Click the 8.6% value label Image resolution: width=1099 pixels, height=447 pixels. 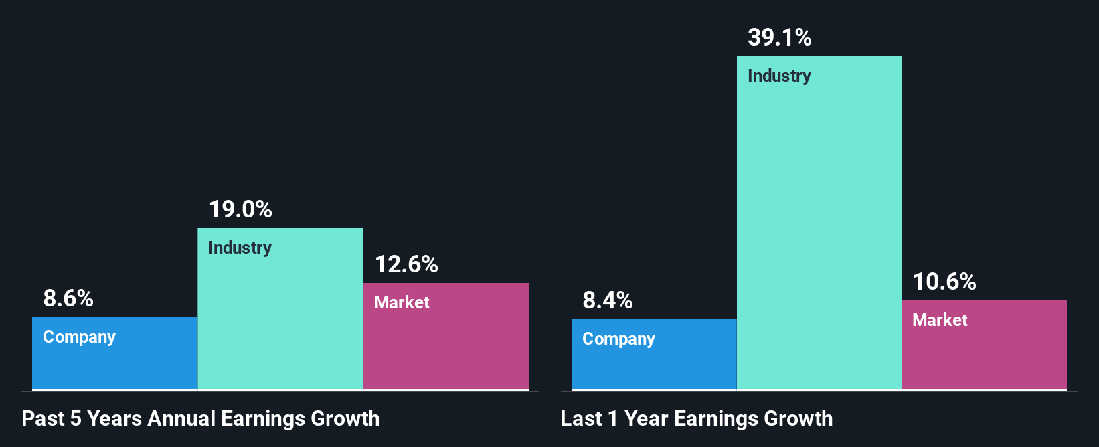click(x=68, y=298)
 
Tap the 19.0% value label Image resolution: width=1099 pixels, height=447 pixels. click(x=240, y=209)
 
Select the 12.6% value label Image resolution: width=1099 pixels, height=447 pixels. click(x=406, y=264)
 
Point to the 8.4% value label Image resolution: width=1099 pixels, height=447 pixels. click(x=608, y=300)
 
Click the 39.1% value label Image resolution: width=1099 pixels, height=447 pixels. click(x=780, y=37)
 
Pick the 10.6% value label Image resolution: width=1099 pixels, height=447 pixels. click(x=944, y=282)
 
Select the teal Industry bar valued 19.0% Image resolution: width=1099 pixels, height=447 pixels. click(x=280, y=321)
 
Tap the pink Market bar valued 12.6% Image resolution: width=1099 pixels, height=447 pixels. click(x=446, y=348)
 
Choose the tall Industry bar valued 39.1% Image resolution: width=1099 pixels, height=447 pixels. click(x=819, y=234)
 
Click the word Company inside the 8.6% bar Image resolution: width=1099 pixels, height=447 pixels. click(x=79, y=337)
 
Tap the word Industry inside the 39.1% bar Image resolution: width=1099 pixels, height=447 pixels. click(x=779, y=76)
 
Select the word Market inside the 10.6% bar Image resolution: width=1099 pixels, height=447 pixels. click(x=940, y=320)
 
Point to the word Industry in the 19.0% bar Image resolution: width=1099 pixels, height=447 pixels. click(x=240, y=248)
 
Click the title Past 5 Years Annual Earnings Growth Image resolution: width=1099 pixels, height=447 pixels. click(x=201, y=418)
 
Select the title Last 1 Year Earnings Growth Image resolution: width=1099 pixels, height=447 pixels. click(x=697, y=418)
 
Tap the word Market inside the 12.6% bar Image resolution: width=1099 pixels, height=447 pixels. click(x=402, y=302)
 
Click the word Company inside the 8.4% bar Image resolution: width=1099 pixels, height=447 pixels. click(x=618, y=339)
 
